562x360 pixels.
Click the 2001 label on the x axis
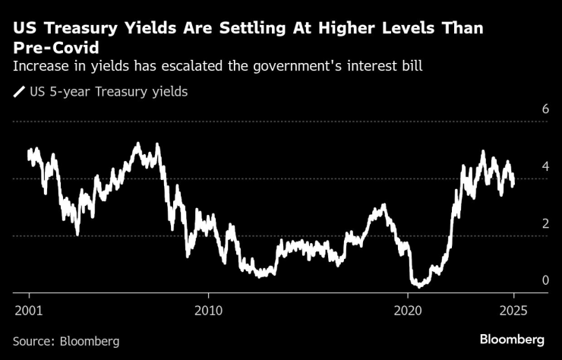(28, 311)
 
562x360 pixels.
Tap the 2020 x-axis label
(409, 311)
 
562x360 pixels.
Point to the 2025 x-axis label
(513, 311)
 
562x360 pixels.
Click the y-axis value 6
(524, 109)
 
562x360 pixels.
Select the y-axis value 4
(524, 166)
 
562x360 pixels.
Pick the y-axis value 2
(524, 223)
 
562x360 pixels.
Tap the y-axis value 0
(524, 280)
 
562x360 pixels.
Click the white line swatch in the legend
(19, 93)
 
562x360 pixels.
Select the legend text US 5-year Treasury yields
(108, 93)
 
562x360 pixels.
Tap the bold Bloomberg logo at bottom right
(512, 339)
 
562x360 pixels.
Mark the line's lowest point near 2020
(418, 286)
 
